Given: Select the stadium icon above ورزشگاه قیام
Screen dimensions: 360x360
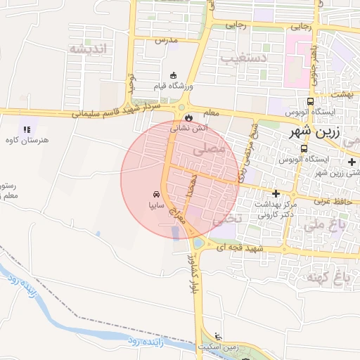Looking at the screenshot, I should pyautogui.click(x=174, y=75).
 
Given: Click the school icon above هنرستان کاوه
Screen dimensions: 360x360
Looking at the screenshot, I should pyautogui.click(x=27, y=129).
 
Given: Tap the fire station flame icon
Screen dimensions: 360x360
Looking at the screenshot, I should pyautogui.click(x=188, y=117).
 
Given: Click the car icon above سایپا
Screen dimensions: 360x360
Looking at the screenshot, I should pyautogui.click(x=155, y=194).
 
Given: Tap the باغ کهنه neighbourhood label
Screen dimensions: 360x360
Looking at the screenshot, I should pyautogui.click(x=324, y=276).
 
